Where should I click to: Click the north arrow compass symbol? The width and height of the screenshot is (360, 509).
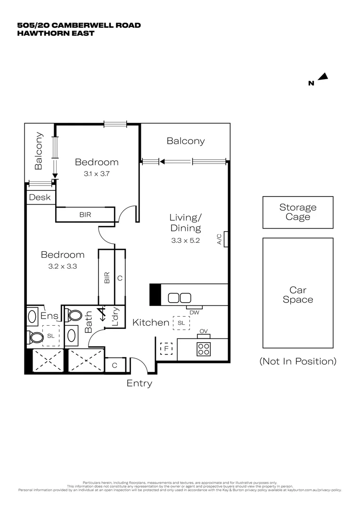coord(323,77)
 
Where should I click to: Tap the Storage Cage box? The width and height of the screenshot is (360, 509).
coord(298,212)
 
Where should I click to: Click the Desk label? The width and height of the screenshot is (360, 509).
coord(40,197)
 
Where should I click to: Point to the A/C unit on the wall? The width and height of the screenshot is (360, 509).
coord(226,239)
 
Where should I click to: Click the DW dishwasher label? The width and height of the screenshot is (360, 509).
coord(194,312)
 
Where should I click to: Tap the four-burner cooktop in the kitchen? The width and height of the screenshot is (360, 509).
coord(204,348)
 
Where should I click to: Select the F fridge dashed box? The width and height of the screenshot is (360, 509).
coord(166,349)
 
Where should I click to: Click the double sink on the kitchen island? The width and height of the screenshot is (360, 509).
coord(179,298)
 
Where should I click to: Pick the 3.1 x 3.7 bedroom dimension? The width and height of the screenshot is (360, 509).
coord(97,173)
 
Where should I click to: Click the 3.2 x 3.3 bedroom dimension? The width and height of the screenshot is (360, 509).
coord(62,266)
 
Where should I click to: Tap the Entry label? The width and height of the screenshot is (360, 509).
coord(139,383)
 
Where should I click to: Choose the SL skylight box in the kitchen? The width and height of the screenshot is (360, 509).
coord(181,323)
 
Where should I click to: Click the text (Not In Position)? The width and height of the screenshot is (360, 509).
coord(298,361)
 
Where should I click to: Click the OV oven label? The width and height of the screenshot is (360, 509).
coord(204,332)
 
